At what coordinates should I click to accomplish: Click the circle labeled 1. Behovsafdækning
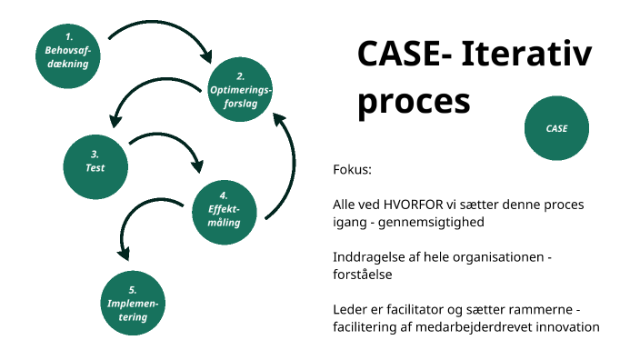67,55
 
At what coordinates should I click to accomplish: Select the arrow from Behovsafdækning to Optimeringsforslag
164,28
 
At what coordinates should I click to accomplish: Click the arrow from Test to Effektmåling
173,145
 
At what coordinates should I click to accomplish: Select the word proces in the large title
414,102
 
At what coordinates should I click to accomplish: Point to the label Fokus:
353,171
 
